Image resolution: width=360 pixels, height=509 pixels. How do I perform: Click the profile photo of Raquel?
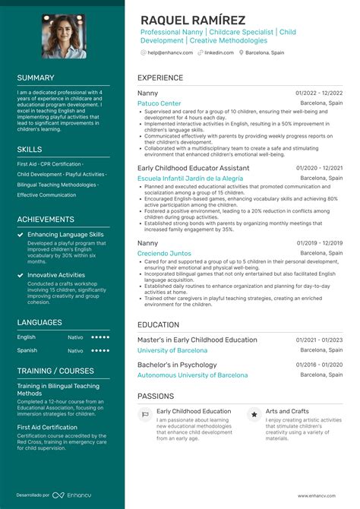(63, 36)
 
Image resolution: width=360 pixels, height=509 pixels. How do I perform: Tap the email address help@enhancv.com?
(167, 52)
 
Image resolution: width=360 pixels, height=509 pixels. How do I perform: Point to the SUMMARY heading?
(36, 77)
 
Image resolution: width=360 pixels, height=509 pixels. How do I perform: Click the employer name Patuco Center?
(159, 103)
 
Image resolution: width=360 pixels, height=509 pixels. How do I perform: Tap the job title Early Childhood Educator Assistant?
(193, 167)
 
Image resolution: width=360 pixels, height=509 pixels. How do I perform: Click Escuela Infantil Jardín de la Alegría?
(190, 178)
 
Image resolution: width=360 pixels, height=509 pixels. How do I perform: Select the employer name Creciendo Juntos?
(163, 253)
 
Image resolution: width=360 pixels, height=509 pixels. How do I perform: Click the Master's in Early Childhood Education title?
(197, 340)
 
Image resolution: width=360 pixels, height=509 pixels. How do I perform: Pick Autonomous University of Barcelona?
(192, 375)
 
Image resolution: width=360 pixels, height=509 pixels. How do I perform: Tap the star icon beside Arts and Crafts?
(253, 415)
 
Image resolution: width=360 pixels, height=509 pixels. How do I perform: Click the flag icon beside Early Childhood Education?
(145, 415)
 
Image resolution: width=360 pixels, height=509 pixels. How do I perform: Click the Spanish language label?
(27, 350)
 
